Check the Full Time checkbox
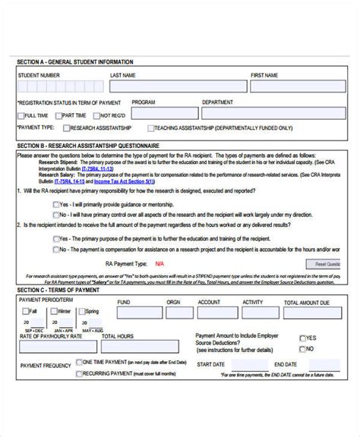[x=21, y=115]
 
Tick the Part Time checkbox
[x=58, y=115]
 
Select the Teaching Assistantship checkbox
[x=152, y=129]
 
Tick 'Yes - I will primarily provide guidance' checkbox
[x=56, y=205]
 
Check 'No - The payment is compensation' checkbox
[x=56, y=249]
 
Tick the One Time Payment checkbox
[x=79, y=363]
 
